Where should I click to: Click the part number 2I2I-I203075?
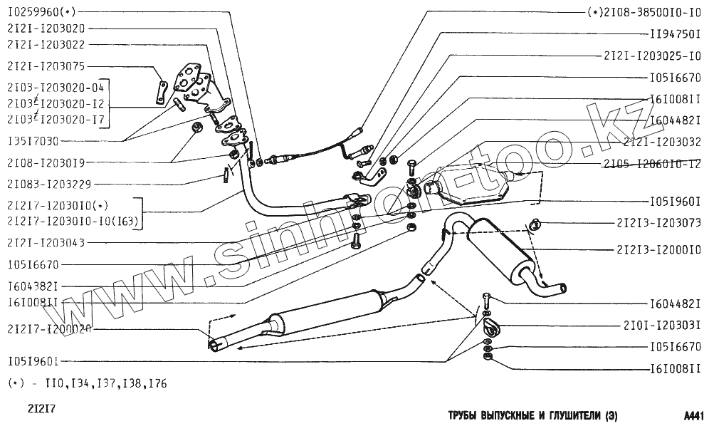(x=46, y=66)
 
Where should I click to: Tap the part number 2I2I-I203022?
(x=46, y=44)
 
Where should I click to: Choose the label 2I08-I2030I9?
(x=46, y=162)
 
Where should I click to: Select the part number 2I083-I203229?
(x=49, y=184)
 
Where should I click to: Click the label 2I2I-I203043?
(x=46, y=243)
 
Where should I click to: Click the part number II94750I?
(x=676, y=33)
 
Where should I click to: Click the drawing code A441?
(x=693, y=415)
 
